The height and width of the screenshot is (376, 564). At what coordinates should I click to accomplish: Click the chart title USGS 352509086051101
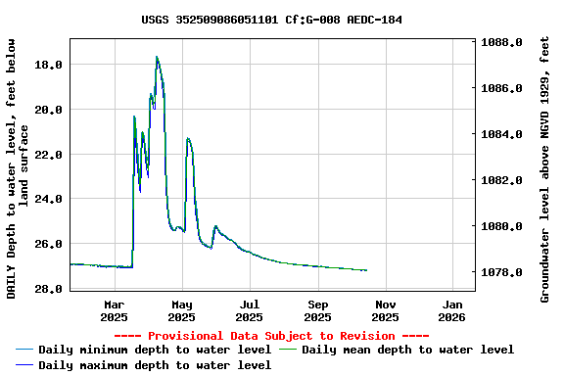pyautogui.click(x=271, y=20)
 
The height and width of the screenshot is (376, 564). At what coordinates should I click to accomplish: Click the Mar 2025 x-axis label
pyautogui.click(x=115, y=310)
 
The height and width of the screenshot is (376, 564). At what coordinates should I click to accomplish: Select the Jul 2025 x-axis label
pyautogui.click(x=250, y=310)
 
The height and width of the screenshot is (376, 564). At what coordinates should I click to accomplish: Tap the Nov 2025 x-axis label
pyautogui.click(x=385, y=310)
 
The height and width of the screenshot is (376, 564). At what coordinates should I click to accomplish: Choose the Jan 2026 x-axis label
pyautogui.click(x=451, y=310)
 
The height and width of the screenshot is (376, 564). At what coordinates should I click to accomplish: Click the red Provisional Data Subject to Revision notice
pyautogui.click(x=271, y=336)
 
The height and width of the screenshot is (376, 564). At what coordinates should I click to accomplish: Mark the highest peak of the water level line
pyautogui.click(x=157, y=57)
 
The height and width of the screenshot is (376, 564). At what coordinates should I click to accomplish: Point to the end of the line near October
pyautogui.click(x=366, y=270)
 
